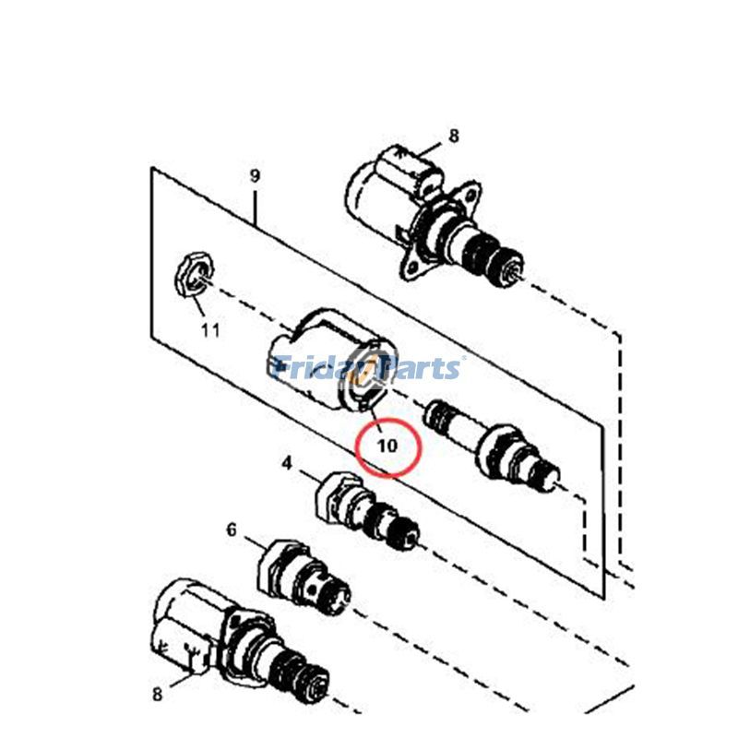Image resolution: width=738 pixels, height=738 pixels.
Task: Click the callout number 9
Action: tap(256, 175)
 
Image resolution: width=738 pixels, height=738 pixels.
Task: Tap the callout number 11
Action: tap(210, 329)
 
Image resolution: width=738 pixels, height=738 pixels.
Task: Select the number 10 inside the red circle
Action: tap(387, 445)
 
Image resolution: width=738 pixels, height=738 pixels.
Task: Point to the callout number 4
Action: tap(287, 463)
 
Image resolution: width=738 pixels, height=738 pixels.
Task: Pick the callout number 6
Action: tap(232, 530)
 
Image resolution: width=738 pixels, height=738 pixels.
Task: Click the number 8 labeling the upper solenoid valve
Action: tap(453, 137)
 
